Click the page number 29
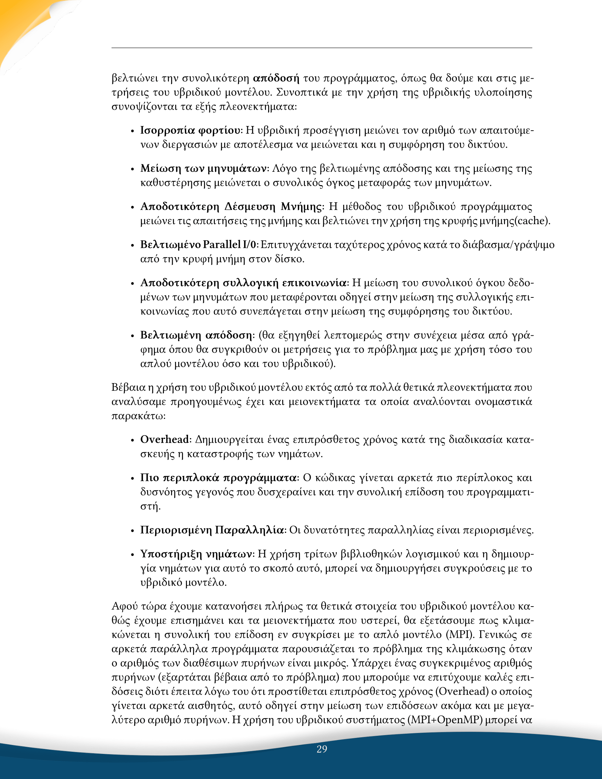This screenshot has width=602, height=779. pos(322,749)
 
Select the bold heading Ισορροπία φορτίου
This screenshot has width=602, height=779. pos(190,131)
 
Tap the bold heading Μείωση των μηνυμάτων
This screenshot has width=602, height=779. pos(204,168)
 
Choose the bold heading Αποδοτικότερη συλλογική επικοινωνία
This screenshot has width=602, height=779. pos(243,283)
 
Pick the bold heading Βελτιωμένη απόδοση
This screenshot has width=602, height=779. pos(197,335)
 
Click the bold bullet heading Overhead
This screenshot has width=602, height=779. pos(164,439)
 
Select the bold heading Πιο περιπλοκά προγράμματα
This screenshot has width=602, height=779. pos(218,478)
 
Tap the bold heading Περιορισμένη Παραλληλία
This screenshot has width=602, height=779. pos(212,530)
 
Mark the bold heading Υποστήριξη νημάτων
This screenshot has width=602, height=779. pos(197,554)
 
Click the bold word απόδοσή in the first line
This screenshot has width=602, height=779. pos(276,78)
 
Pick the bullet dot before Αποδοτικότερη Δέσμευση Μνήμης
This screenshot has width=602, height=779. pos(132,207)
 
